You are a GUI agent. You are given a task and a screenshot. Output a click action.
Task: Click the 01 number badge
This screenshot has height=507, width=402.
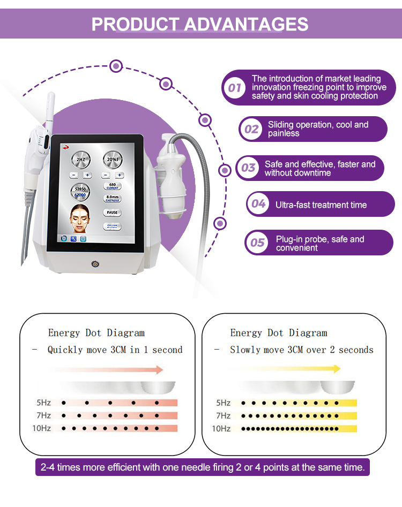pyautogui.click(x=234, y=87)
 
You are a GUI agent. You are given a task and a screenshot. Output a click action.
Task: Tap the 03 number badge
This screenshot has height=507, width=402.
pyautogui.click(x=248, y=168)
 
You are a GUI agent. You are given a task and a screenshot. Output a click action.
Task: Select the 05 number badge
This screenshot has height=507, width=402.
pyautogui.click(x=257, y=243)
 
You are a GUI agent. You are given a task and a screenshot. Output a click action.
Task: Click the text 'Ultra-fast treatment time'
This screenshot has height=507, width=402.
pyautogui.click(x=321, y=205)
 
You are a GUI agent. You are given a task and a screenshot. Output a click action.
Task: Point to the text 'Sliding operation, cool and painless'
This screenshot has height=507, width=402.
pyautogui.click(x=318, y=129)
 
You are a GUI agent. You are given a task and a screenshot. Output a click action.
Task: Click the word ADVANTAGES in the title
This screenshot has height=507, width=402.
pyautogui.click(x=247, y=24)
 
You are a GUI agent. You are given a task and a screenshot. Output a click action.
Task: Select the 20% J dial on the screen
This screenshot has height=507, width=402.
pyautogui.click(x=112, y=160)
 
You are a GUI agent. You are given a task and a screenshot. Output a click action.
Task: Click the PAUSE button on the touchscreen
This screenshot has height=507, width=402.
pyautogui.click(x=112, y=213)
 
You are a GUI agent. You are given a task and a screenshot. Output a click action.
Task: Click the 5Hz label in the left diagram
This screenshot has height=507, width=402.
pyautogui.click(x=43, y=403)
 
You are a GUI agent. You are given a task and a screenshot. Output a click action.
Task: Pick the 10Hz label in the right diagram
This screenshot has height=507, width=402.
pyautogui.click(x=221, y=428)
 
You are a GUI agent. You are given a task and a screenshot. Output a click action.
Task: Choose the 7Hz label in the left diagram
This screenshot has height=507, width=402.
pyautogui.click(x=43, y=415)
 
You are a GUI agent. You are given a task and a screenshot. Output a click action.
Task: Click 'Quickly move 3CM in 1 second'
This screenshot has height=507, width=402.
pyautogui.click(x=115, y=350)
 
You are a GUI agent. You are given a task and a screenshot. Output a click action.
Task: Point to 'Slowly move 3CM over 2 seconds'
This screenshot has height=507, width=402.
pyautogui.click(x=301, y=350)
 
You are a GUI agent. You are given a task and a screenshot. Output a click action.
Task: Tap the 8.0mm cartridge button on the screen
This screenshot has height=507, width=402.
pyautogui.click(x=112, y=199)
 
